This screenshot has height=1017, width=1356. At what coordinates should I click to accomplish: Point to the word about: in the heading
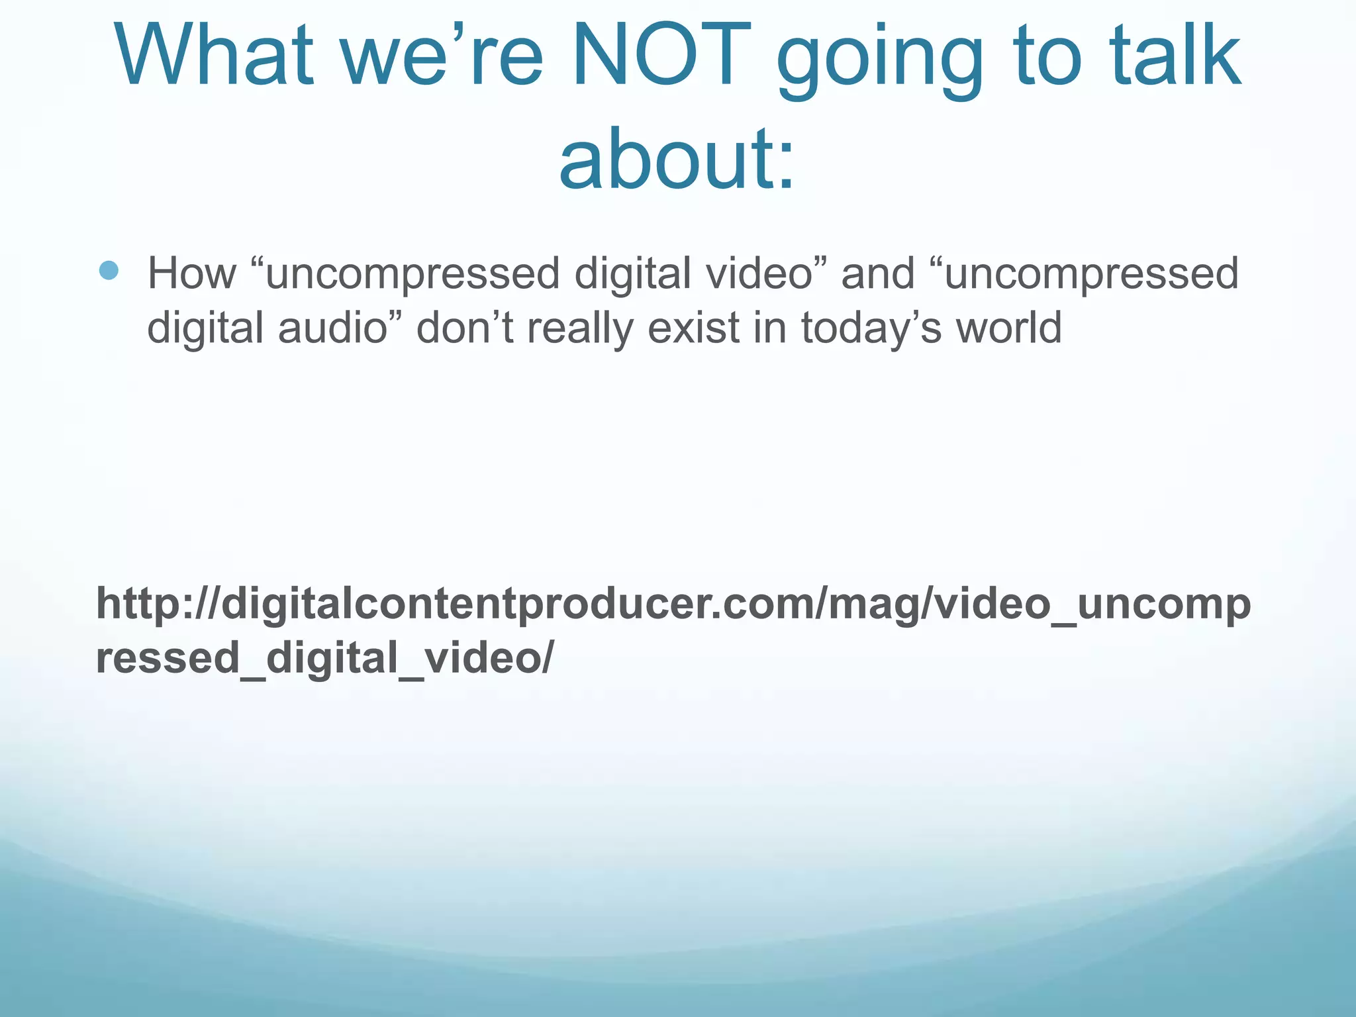(677, 159)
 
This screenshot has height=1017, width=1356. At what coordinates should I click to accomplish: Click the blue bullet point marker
(109, 270)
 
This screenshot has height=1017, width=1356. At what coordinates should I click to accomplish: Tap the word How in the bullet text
(191, 273)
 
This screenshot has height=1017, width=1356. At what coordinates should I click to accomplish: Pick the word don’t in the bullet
(464, 327)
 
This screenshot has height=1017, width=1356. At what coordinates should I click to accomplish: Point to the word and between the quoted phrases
(877, 273)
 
